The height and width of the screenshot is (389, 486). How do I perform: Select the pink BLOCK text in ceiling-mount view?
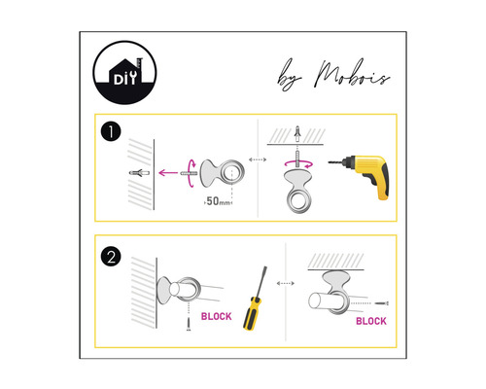pyautogui.click(x=370, y=320)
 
